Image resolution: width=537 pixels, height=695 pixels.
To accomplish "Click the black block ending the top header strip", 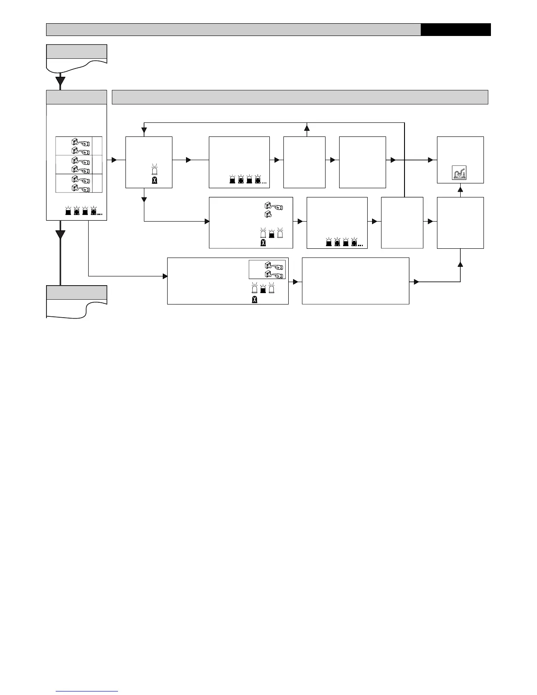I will (x=455, y=29).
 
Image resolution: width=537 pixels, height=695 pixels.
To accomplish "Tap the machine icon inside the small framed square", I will (x=460, y=173).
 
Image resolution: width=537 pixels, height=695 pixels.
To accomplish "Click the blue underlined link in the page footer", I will (x=87, y=691).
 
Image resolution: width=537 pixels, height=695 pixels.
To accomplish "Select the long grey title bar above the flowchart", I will (x=300, y=97).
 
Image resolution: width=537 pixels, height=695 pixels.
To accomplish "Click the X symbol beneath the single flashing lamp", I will (x=154, y=180).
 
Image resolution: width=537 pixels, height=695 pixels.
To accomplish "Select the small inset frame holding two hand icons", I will (x=267, y=269).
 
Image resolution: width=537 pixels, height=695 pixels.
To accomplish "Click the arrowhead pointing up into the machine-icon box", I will (x=460, y=190).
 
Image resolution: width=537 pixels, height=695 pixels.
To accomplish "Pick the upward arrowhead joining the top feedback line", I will (x=307, y=128).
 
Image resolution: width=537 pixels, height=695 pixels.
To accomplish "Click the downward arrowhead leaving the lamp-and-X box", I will (x=144, y=200).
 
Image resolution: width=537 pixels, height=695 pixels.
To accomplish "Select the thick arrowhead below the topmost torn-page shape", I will (x=61, y=82).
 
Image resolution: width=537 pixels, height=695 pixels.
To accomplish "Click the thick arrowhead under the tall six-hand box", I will (x=61, y=235).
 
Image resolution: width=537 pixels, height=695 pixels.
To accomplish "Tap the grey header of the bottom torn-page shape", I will (x=76, y=293).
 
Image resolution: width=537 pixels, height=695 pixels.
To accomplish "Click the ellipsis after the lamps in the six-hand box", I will (x=100, y=214).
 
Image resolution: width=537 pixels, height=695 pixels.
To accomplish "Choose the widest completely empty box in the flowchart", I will (x=355, y=281).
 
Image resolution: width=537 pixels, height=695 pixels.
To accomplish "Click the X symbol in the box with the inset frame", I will (x=254, y=300).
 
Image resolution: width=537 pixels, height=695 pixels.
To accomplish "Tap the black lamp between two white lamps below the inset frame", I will (x=263, y=289).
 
